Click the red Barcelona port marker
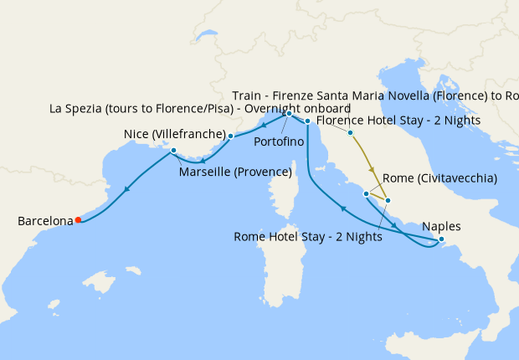point(78,220)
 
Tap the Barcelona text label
point(45,221)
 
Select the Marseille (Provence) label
point(235,172)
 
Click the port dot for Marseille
point(173,151)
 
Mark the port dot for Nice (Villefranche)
point(230,135)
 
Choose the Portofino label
point(279,141)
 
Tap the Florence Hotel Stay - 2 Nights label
point(398,120)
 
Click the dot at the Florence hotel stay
point(350,133)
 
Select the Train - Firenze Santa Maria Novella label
point(377,95)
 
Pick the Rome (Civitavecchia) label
point(439,178)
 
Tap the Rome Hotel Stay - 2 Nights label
point(308,237)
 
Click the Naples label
point(441,226)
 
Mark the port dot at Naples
point(441,240)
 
